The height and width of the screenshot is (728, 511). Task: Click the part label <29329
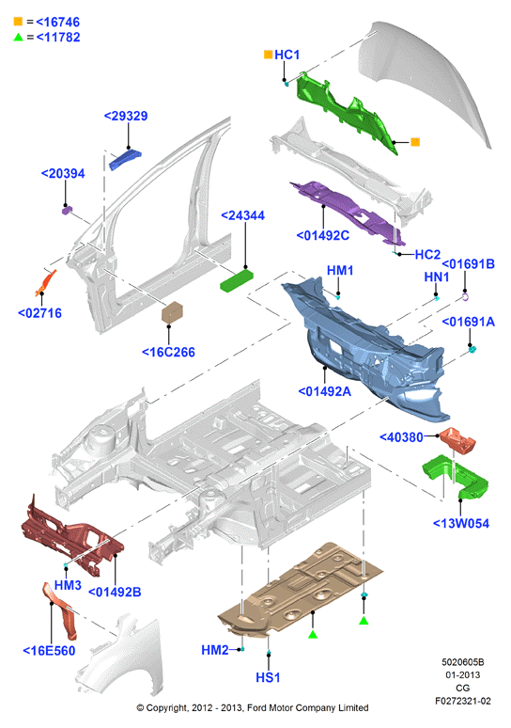tap(126, 116)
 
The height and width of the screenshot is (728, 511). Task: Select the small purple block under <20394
tap(68, 211)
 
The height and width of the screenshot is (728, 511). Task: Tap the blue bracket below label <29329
tap(125, 158)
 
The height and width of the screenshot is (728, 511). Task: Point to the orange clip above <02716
tap(46, 283)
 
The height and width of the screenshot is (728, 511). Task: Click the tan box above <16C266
tap(172, 311)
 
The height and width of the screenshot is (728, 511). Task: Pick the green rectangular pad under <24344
tap(237, 280)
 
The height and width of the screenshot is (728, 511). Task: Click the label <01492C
tap(323, 236)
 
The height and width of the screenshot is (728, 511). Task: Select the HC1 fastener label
tap(287, 55)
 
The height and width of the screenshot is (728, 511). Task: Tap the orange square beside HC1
tap(268, 55)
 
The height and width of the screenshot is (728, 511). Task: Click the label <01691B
tap(468, 264)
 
